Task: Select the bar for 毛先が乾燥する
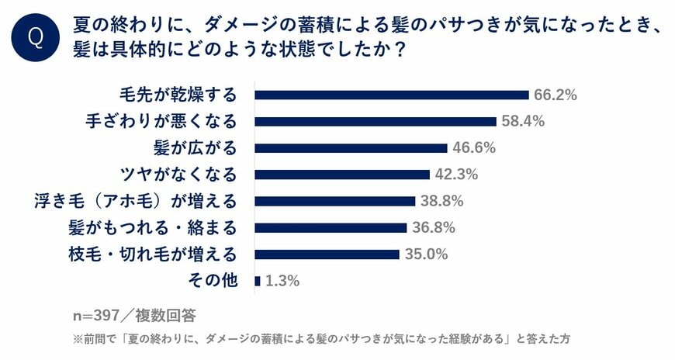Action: coord(392,95)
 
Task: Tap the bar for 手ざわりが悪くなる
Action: coord(376,121)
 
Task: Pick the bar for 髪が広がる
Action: coord(351,147)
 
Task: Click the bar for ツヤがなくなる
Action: coord(342,174)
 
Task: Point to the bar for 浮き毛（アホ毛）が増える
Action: coord(335,201)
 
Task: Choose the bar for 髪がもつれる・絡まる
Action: coord(331,227)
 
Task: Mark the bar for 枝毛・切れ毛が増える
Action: coord(327,254)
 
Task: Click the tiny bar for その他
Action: coord(258,280)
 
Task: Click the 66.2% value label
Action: coord(556,95)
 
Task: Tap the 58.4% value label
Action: coord(523,121)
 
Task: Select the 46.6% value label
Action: coord(474,147)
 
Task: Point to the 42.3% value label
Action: coord(456,174)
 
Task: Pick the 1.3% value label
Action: coord(282,281)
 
